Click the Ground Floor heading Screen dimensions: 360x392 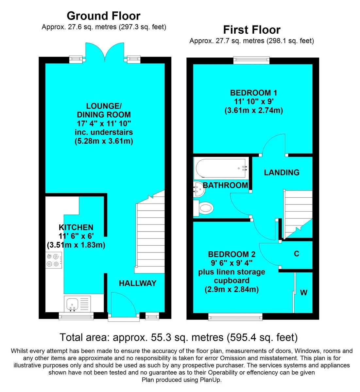pos(104,16)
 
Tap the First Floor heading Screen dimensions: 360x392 pos(252,30)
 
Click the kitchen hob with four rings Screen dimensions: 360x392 pos(54,260)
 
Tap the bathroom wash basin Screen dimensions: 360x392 pos(199,189)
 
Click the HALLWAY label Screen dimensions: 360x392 pos(138,283)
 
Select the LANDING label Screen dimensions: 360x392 pos(282,172)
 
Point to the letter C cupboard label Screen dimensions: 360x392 pos(297,253)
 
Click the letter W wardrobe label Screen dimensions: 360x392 pos(304,292)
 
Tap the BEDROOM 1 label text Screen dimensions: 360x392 pos(253,93)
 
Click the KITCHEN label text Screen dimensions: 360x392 pos(76,227)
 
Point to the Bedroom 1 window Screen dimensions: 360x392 pos(251,60)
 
